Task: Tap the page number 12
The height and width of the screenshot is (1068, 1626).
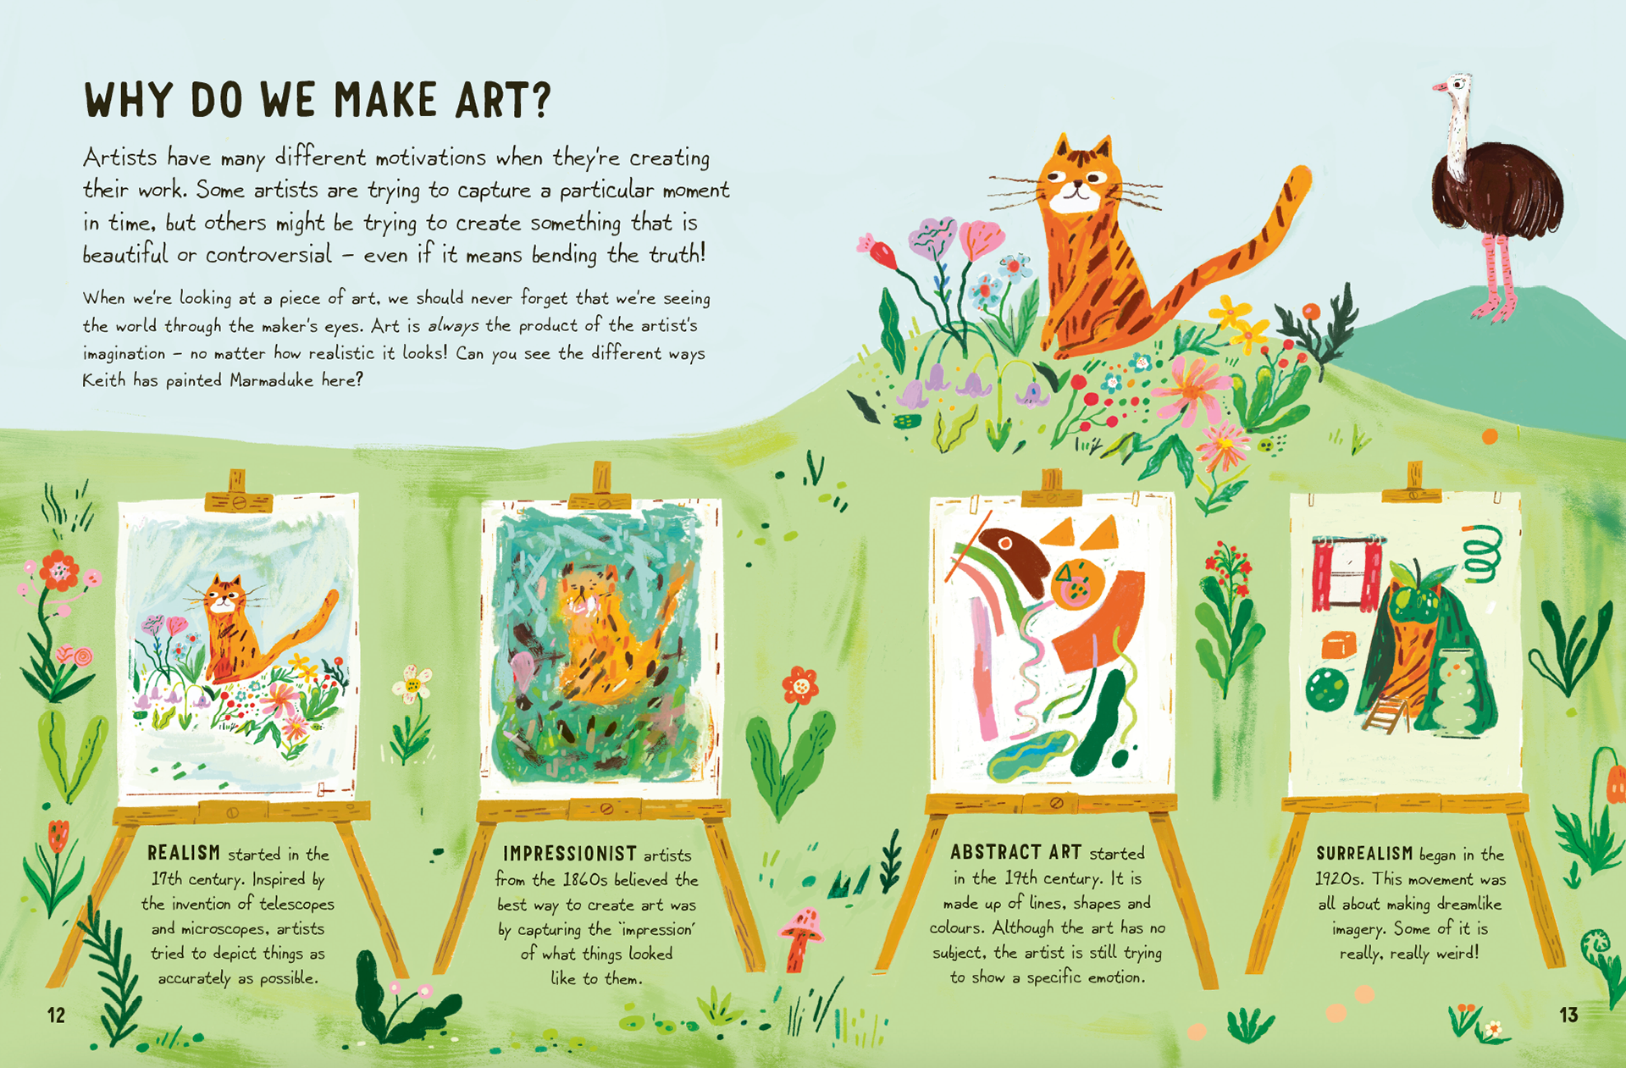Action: tap(56, 1015)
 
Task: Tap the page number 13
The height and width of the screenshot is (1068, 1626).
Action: tap(1568, 1015)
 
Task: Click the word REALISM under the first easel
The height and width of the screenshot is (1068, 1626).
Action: tap(184, 853)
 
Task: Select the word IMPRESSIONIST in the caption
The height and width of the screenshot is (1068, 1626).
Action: tap(570, 854)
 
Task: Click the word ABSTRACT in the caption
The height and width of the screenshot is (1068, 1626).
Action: tap(995, 852)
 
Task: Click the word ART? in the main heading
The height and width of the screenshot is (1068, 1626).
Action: tap(503, 100)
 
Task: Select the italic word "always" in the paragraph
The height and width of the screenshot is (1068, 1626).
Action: tap(453, 325)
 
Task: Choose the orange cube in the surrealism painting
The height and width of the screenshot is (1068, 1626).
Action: tap(1338, 645)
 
